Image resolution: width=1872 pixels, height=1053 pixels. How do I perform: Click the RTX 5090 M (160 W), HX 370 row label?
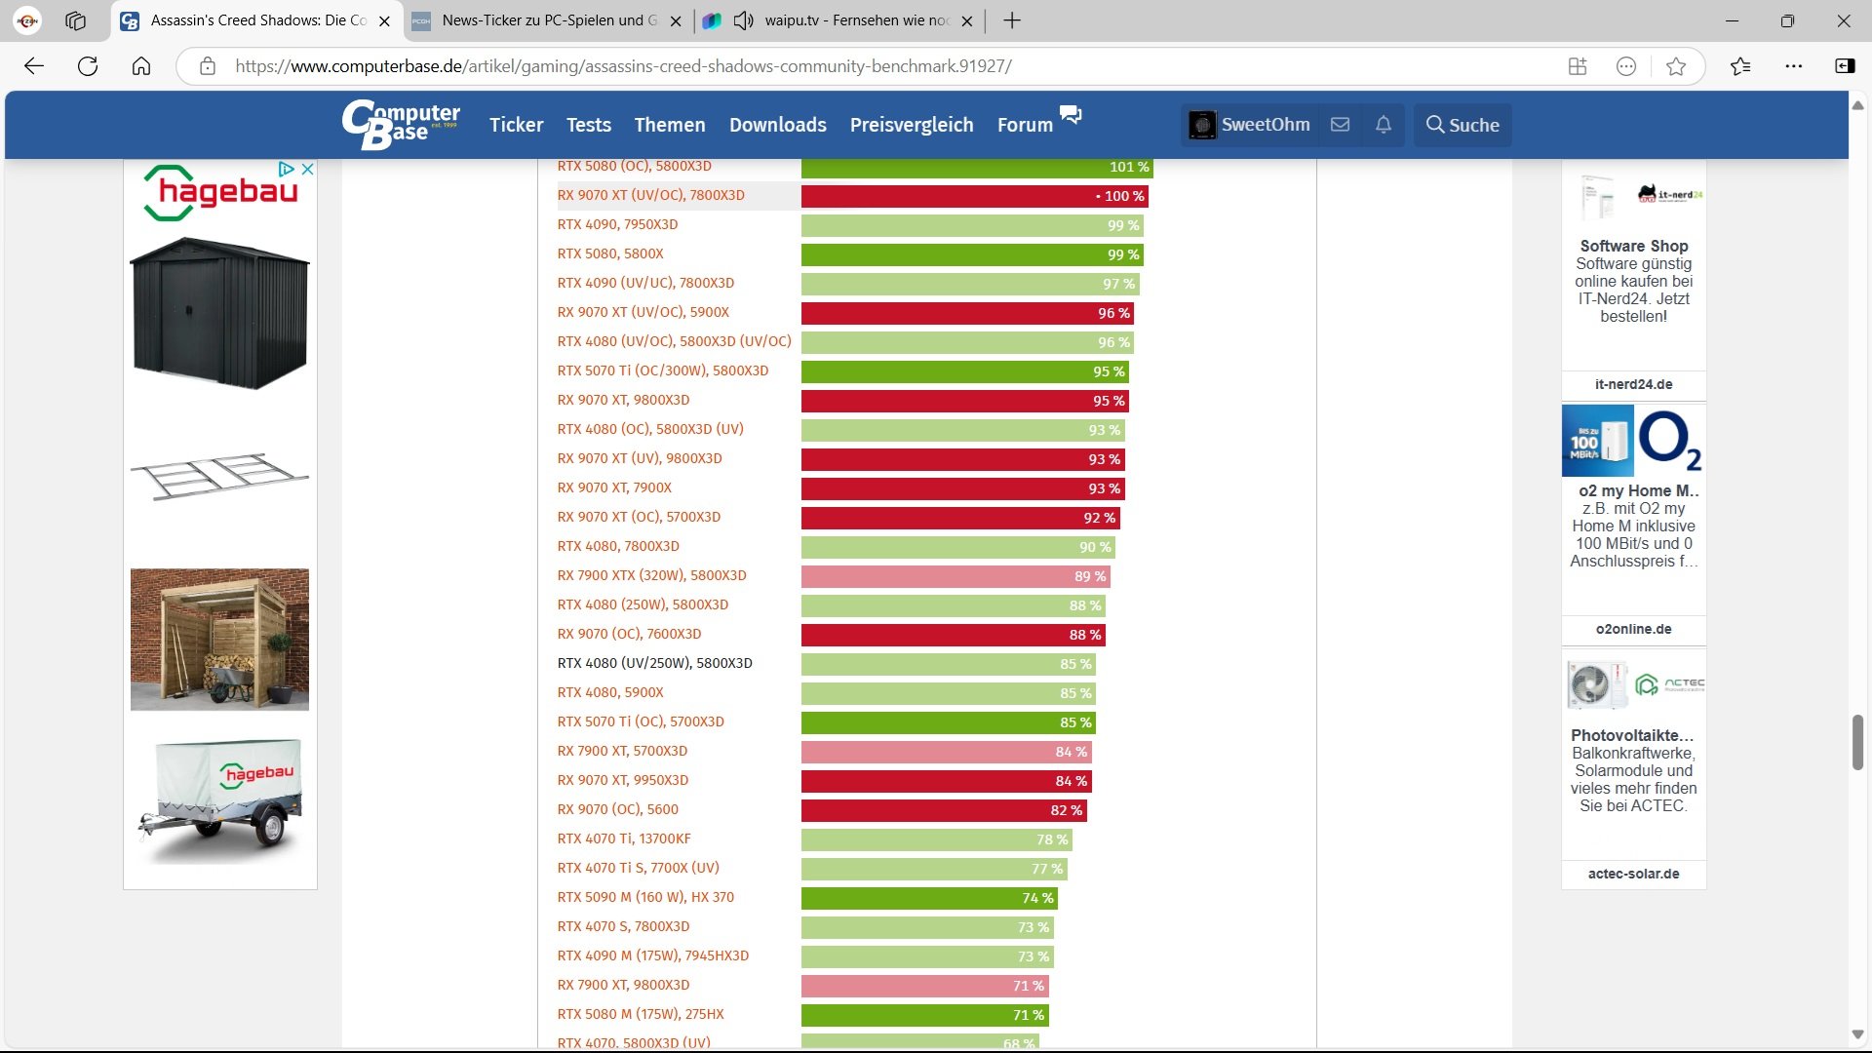pos(645,897)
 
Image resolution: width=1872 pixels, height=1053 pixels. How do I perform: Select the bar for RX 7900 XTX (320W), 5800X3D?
pos(955,576)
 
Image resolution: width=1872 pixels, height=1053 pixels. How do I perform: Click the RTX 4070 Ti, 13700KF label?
pos(624,838)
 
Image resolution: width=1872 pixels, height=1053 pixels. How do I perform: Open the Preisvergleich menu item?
pos(911,125)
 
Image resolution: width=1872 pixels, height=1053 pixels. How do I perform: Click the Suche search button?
pos(1462,125)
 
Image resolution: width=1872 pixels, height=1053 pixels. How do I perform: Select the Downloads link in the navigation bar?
pos(777,125)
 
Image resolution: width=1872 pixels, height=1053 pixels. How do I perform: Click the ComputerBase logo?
pos(401,125)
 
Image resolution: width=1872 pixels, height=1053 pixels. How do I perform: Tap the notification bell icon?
pos(1383,125)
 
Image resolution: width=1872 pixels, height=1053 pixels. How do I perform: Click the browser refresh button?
pos(88,66)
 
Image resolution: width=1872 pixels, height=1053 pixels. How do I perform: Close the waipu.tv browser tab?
pos(967,20)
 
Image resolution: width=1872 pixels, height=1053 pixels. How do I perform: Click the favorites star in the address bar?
pos(1676,66)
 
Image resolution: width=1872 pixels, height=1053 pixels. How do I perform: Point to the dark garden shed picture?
pos(219,312)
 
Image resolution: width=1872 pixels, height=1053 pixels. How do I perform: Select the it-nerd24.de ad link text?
pos(1633,384)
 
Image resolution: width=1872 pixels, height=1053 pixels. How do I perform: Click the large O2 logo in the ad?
pos(1669,440)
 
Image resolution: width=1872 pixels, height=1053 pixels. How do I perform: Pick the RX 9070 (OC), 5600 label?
pos(617,809)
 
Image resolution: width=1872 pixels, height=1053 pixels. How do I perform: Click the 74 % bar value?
pos(1036,898)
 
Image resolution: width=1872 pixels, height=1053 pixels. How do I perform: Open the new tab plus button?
pos(1012,20)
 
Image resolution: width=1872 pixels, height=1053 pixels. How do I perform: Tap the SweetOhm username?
pos(1265,125)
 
